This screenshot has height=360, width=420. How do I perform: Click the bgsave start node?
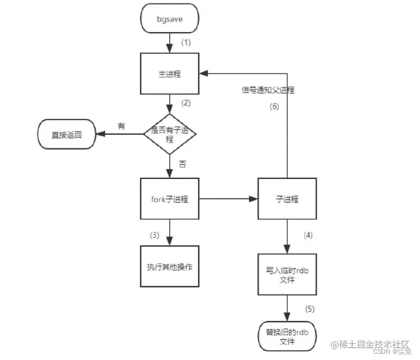[169, 19]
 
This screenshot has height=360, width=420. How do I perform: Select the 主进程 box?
[169, 74]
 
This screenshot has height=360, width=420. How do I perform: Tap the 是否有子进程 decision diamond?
[170, 134]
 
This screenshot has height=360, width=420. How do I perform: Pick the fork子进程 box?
[169, 199]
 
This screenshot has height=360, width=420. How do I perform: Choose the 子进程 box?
[288, 199]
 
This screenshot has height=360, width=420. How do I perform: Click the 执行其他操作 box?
[169, 266]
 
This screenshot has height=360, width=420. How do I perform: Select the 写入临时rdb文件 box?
[288, 274]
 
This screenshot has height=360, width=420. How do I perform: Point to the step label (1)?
[186, 43]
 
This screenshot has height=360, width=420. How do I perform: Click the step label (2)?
[186, 103]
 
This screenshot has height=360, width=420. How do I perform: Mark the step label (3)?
[156, 234]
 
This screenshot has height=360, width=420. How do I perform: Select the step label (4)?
[309, 234]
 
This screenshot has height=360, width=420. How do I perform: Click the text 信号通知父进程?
[268, 90]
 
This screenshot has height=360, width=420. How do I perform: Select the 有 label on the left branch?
[121, 125]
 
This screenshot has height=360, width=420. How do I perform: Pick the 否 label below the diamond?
[183, 165]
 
